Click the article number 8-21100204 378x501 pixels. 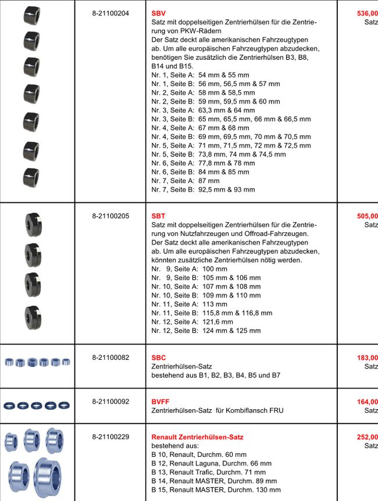tap(110, 12)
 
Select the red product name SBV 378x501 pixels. tap(158, 12)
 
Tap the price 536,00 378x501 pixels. tap(367, 12)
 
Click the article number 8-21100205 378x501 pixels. tap(110, 216)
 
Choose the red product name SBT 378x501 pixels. tap(158, 216)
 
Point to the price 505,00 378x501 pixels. tap(367, 216)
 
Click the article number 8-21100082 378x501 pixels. tap(110, 357)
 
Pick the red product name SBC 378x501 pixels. tap(158, 357)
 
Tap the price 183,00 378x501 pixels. tap(367, 357)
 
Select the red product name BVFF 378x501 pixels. tap(161, 401)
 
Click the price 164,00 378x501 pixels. tap(367, 401)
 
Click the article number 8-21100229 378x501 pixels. tap(110, 436)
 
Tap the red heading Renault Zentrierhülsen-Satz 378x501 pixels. tap(197, 436)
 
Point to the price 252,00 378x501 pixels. tap(367, 436)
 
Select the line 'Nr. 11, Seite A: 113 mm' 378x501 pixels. tap(190, 304)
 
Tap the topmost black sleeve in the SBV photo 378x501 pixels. tap(31, 14)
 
